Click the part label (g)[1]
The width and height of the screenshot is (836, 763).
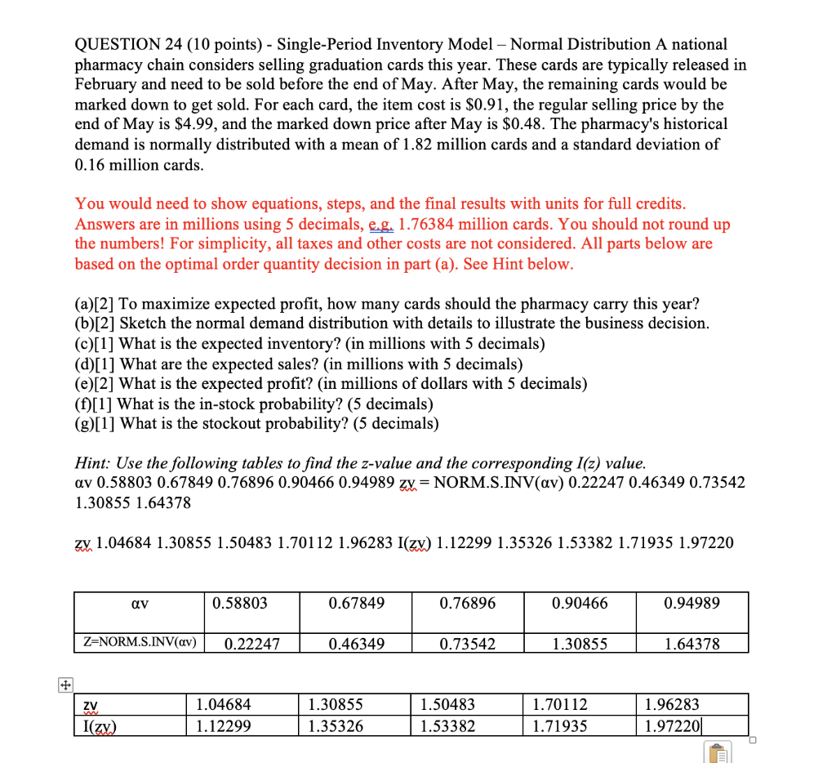pyautogui.click(x=96, y=423)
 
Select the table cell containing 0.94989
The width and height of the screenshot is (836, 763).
pyautogui.click(x=691, y=604)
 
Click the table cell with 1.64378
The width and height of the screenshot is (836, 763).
pyautogui.click(x=691, y=644)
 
